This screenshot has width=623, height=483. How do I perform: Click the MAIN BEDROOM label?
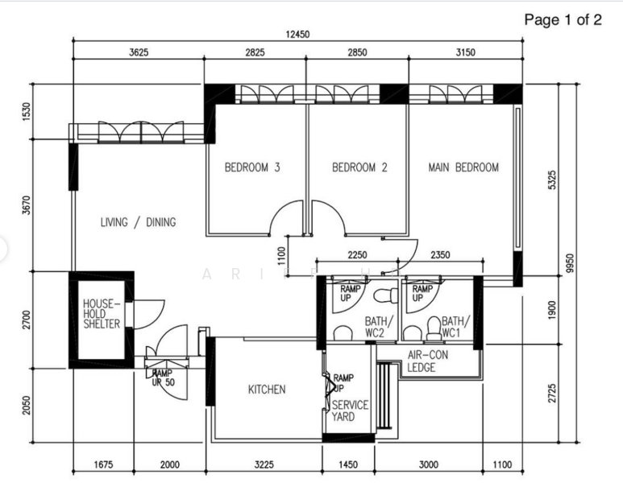pos(463,167)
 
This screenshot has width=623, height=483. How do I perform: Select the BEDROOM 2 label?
pos(359,167)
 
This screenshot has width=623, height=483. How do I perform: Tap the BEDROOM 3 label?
pos(252,167)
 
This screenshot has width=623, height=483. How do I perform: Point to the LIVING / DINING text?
pos(138,222)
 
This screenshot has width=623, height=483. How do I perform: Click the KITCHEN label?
pos(266,390)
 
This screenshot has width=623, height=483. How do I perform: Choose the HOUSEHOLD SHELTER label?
pos(102,314)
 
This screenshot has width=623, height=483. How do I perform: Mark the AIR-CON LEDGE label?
pos(427,361)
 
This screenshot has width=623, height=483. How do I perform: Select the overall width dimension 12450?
pos(298,35)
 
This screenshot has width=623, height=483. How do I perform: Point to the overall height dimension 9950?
pos(570,263)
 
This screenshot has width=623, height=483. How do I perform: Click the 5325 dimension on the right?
pos(551,180)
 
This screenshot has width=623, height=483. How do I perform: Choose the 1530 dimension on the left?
pos(26,111)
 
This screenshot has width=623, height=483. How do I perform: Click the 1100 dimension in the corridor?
pos(281,255)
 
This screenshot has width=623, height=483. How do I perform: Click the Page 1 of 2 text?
pos(563,20)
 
